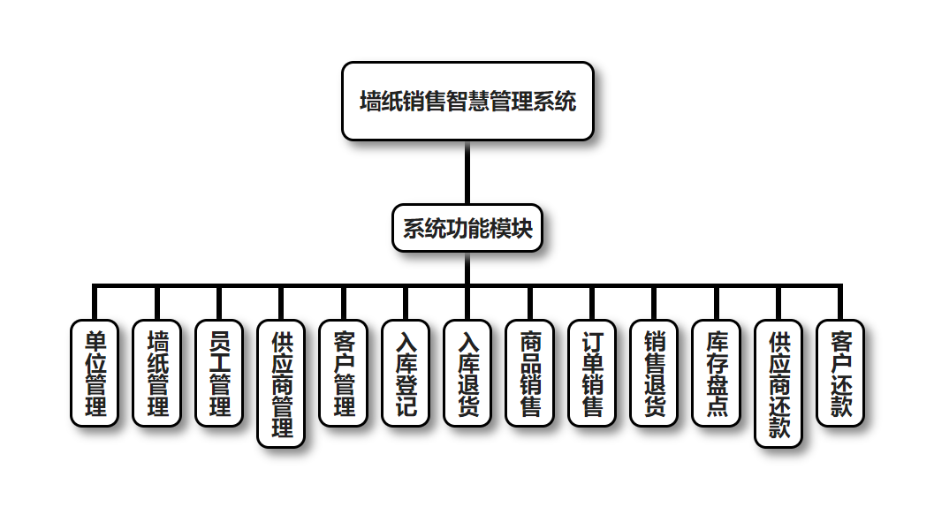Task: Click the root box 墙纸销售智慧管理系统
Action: click(467, 101)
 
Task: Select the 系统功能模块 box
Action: click(467, 229)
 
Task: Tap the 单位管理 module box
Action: click(95, 373)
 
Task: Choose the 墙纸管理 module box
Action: click(157, 373)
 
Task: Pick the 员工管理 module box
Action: click(219, 373)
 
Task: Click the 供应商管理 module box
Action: click(281, 383)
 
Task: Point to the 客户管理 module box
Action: click(344, 373)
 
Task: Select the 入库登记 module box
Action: click(406, 373)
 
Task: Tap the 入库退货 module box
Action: click(467, 373)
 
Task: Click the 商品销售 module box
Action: click(530, 373)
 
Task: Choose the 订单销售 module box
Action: click(592, 373)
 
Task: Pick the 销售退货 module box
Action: click(655, 373)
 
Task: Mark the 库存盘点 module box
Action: click(717, 373)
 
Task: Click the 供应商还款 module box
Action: click(778, 383)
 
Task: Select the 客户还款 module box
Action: click(840, 373)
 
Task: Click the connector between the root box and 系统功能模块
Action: click(467, 173)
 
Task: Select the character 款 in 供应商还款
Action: click(778, 428)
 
